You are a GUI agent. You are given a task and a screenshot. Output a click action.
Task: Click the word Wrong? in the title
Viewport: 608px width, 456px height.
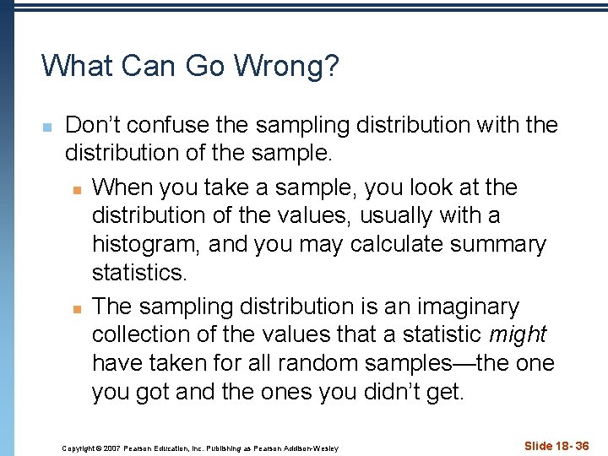[286, 66]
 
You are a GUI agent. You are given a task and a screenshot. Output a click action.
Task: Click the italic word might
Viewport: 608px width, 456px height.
[518, 335]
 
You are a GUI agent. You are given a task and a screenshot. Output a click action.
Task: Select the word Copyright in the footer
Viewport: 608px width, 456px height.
[78, 448]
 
